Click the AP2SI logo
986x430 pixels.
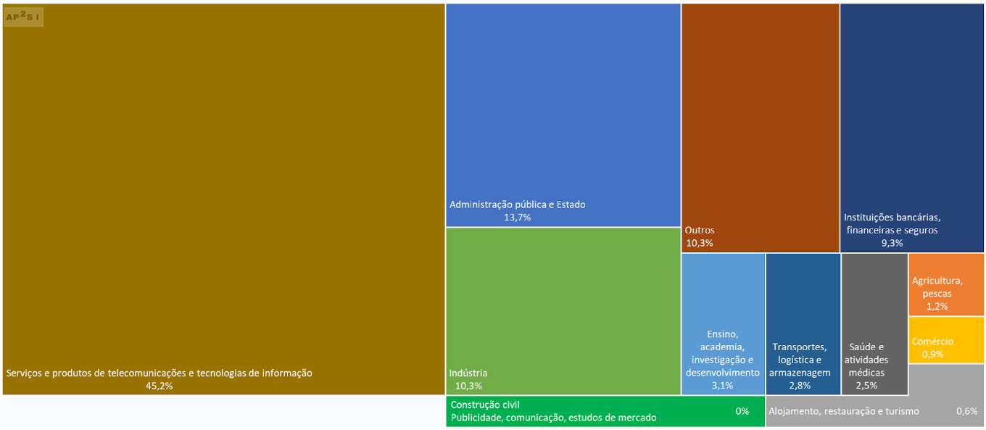pos(23,16)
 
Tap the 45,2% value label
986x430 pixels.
pos(159,386)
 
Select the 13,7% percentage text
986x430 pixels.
pos(518,217)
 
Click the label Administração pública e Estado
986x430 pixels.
pos(517,204)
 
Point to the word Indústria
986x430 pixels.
pos(468,373)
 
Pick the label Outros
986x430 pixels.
pos(700,231)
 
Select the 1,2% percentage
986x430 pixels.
pos(937,306)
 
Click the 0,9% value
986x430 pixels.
pos(932,354)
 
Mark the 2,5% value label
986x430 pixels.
pos(866,385)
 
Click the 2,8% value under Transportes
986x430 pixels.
pos(800,385)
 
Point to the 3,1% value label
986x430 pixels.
pos(722,385)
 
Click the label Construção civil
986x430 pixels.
pos(485,405)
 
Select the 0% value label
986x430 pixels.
pos(742,411)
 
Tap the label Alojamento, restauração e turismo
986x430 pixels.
pos(843,411)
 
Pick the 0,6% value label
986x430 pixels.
pos(966,411)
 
